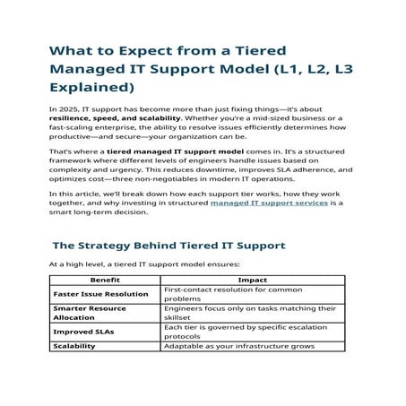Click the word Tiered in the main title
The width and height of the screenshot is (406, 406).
[x=265, y=52]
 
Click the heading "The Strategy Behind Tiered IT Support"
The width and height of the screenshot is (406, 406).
[x=168, y=245]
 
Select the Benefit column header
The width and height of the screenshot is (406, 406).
[x=105, y=280]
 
